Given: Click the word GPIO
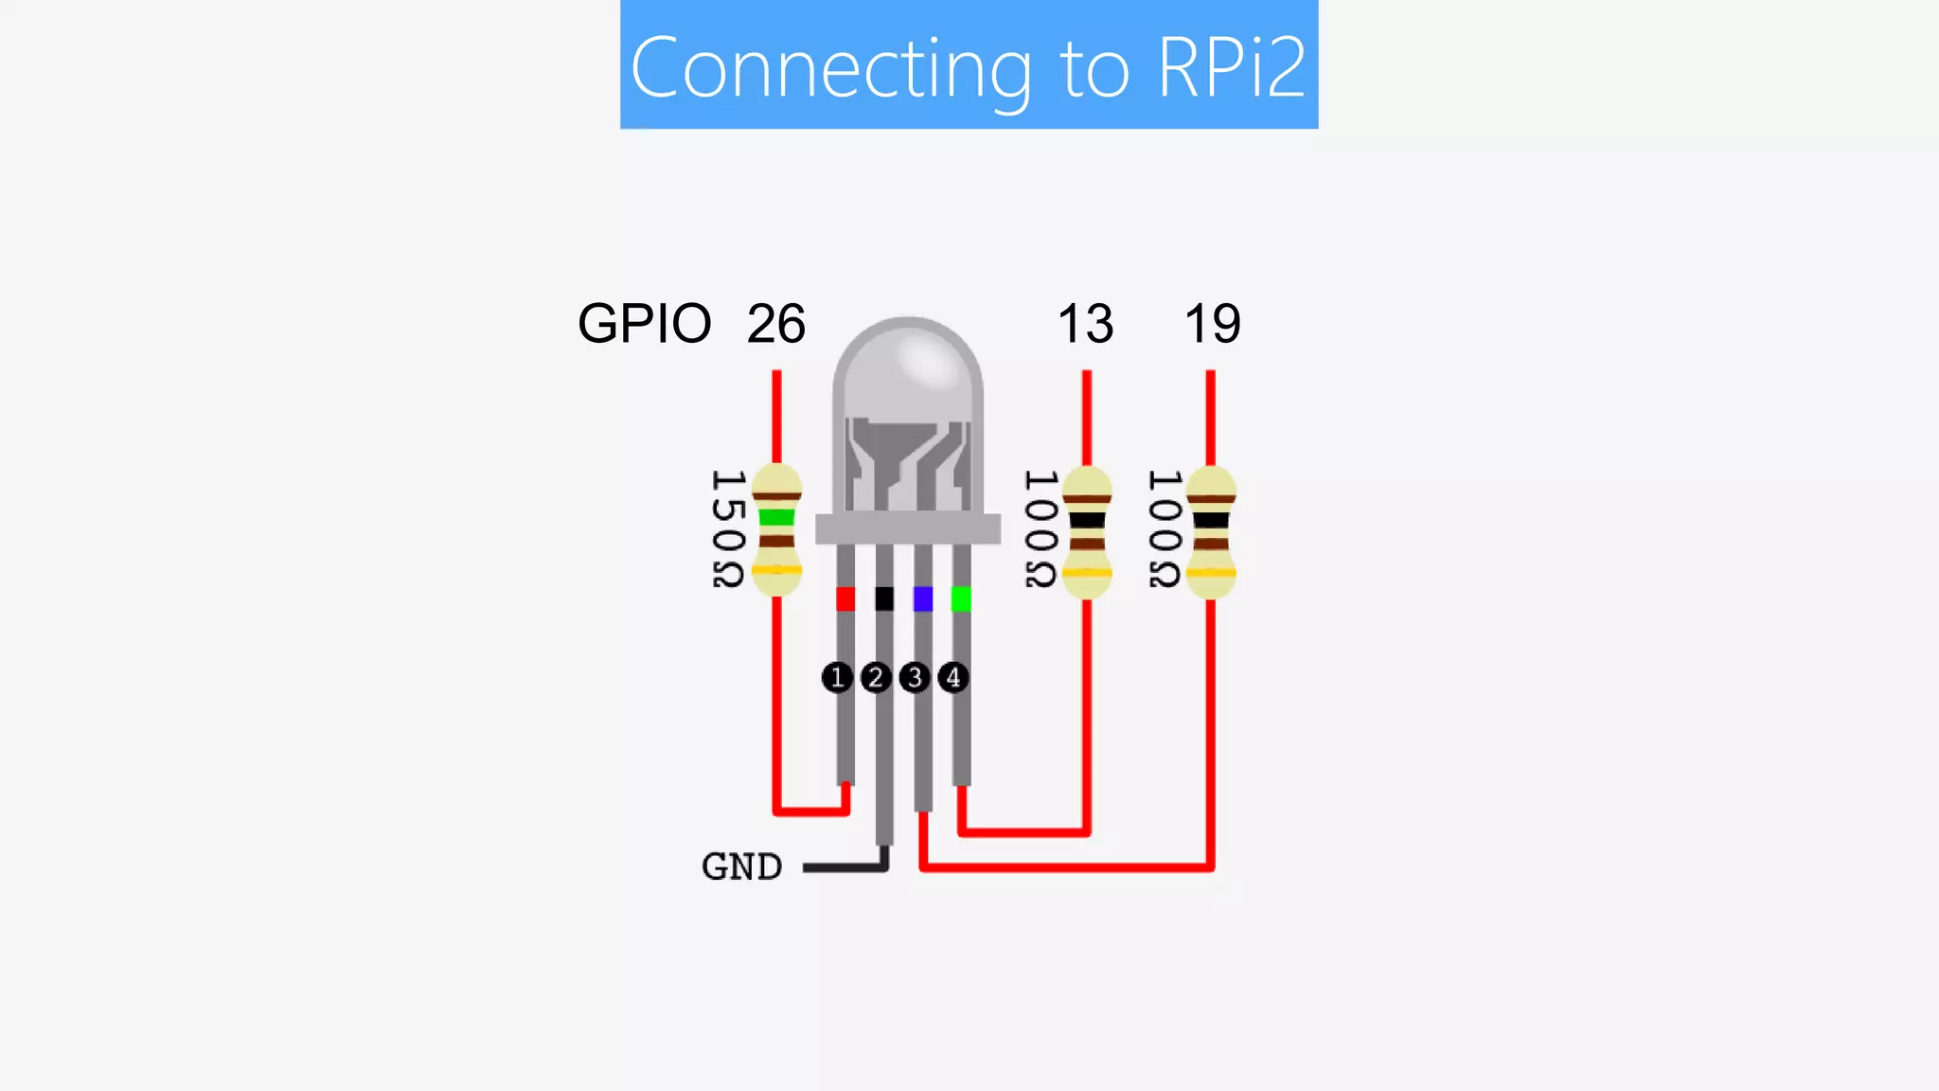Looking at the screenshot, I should pyautogui.click(x=644, y=324).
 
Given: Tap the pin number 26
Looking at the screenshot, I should pyautogui.click(x=775, y=324).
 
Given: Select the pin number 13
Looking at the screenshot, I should pyautogui.click(x=1085, y=324).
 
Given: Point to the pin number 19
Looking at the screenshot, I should pyautogui.click(x=1212, y=324).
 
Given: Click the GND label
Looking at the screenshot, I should pyautogui.click(x=741, y=867).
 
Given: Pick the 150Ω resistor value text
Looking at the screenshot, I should pyautogui.click(x=727, y=528).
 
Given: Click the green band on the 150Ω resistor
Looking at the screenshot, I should pyautogui.click(x=776, y=517).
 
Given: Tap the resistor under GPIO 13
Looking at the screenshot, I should pyautogui.click(x=1087, y=532).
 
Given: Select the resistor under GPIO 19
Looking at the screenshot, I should pyautogui.click(x=1211, y=532).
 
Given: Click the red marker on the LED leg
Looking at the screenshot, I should pyautogui.click(x=845, y=599).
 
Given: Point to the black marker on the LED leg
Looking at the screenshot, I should pyautogui.click(x=884, y=599).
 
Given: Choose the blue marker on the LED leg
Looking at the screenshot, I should pyautogui.click(x=923, y=599).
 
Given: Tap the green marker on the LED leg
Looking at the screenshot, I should pyautogui.click(x=961, y=599).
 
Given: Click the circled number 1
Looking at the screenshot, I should pyautogui.click(x=837, y=677).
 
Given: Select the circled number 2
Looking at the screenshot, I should pyautogui.click(x=876, y=677).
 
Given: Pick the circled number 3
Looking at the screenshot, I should pyautogui.click(x=915, y=677).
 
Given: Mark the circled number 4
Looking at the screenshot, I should pyautogui.click(x=953, y=677).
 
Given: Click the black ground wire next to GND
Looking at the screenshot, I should pyautogui.click(x=843, y=867).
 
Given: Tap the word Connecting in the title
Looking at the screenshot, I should pyautogui.click(x=830, y=68).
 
